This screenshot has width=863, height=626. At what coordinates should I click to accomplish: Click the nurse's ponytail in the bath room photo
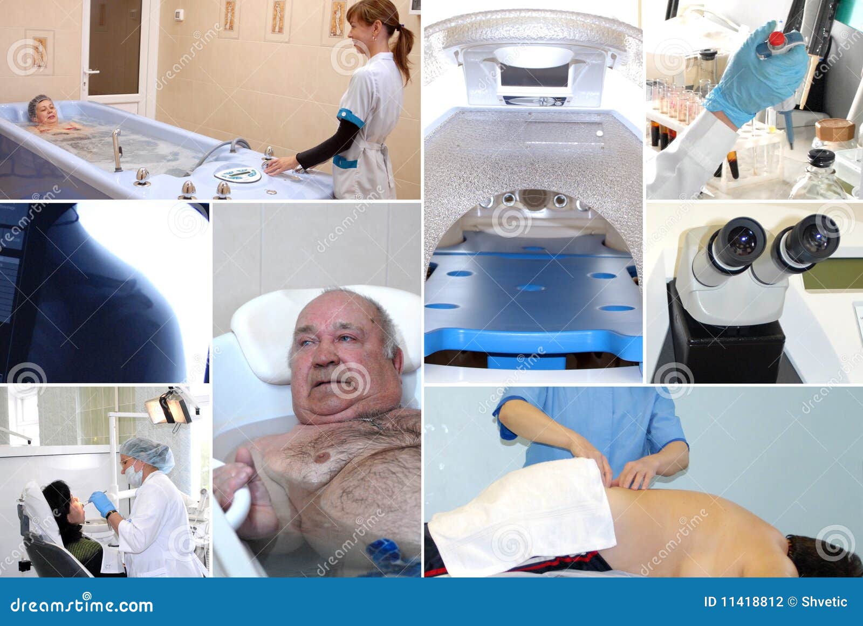pos(404,46)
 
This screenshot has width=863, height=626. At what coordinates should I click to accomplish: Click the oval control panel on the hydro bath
pos(237,174)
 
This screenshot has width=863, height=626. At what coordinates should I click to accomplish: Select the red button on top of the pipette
pos(777,38)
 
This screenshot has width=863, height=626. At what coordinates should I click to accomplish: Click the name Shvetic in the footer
pos(824,602)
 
